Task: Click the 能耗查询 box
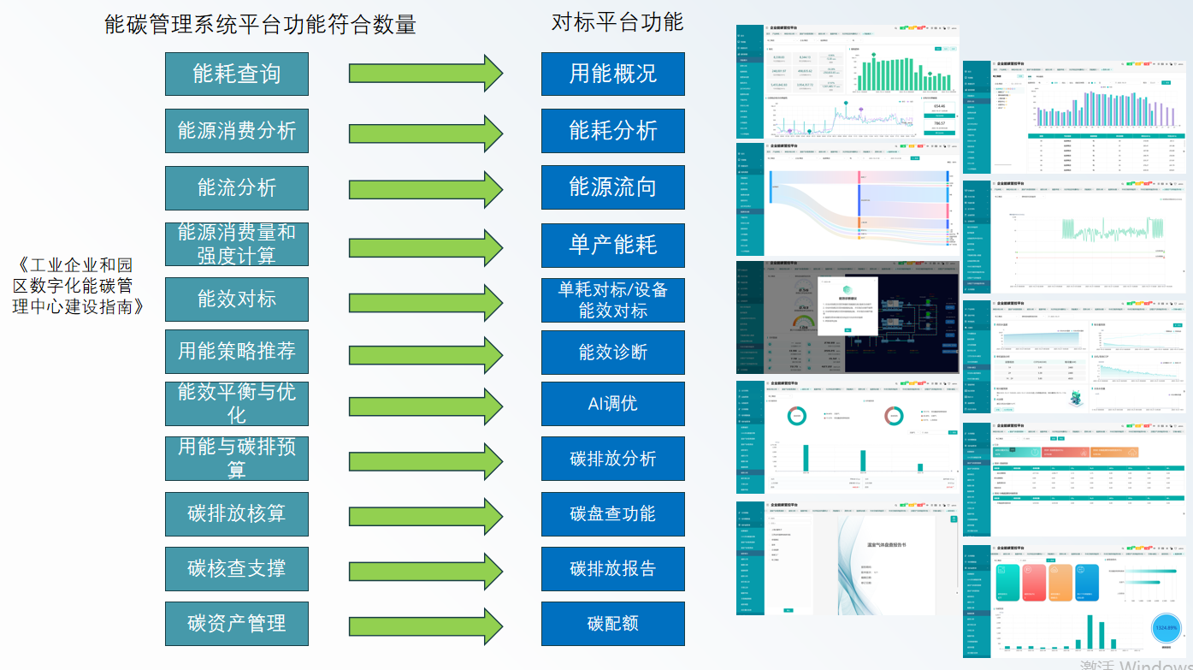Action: point(236,74)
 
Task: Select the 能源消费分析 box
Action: point(236,131)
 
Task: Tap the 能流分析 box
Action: point(236,187)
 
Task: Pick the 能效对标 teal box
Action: point(236,299)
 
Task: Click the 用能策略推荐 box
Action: point(236,351)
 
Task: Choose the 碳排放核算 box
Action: point(236,513)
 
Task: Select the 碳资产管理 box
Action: point(236,624)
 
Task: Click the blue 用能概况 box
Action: point(612,74)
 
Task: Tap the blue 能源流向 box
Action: point(612,187)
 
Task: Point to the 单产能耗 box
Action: point(612,245)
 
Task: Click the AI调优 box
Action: point(612,404)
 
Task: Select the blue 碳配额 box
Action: point(612,624)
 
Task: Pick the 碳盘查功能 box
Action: point(612,513)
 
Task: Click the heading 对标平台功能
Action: point(617,22)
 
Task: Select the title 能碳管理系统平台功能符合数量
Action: point(260,25)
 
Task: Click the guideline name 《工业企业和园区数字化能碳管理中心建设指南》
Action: point(78,285)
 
